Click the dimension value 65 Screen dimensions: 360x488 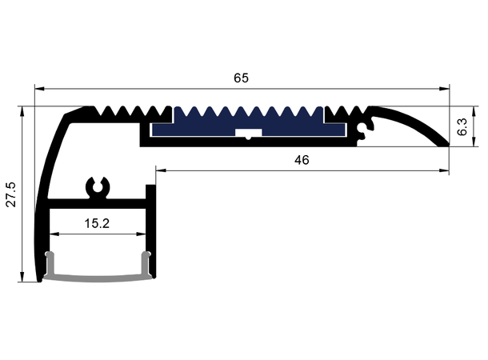241,78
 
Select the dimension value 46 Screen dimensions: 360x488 301,160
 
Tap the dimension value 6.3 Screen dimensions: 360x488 462,126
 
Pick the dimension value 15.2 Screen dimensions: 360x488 96,224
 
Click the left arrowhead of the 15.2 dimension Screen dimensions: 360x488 54,234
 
